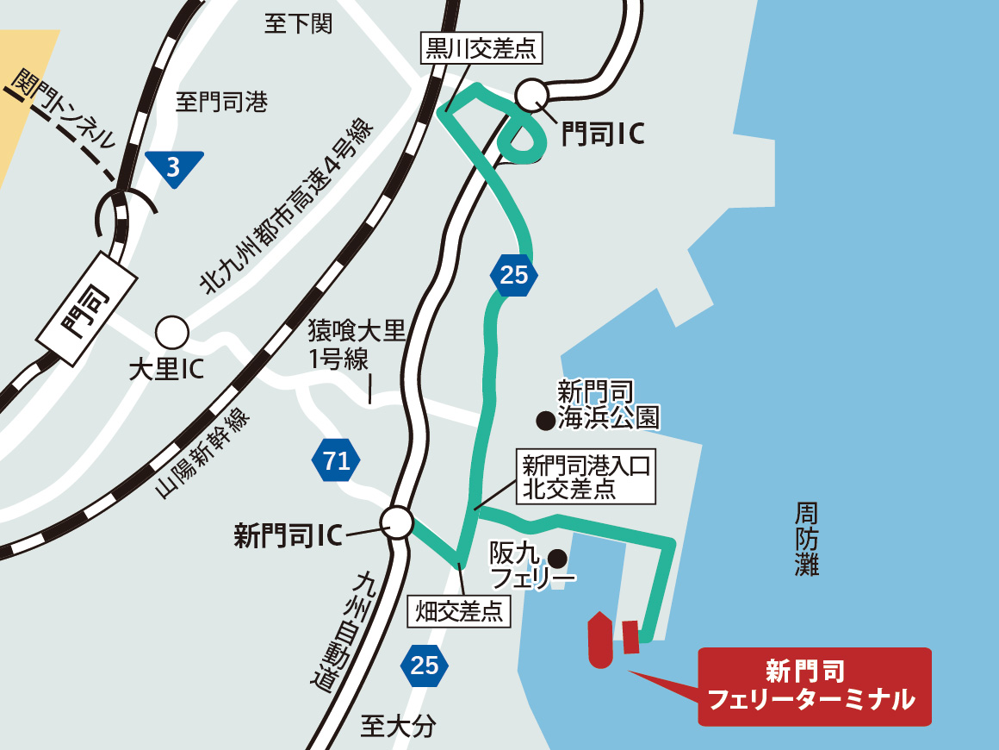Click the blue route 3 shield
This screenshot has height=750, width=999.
[174, 167]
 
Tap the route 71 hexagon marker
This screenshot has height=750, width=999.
[336, 461]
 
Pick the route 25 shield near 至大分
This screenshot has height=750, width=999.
[425, 665]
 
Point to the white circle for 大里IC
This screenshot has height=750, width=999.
[171, 332]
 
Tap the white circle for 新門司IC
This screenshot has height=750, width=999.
[398, 521]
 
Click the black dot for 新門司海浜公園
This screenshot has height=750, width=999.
[545, 421]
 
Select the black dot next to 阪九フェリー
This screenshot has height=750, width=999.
[558, 556]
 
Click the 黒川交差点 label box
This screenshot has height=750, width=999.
[481, 48]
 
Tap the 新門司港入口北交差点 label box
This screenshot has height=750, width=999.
[586, 478]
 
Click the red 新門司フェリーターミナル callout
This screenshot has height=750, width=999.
[814, 686]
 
